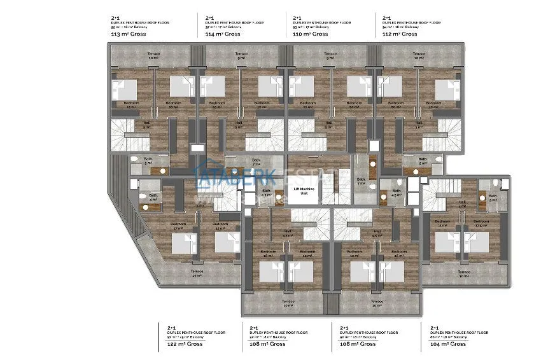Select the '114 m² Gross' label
click(223, 34)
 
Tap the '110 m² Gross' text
click(311, 34)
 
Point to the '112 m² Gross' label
click(400, 34)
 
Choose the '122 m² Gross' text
click(185, 344)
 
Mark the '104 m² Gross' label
click(448, 344)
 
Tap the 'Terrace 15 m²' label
click(196, 273)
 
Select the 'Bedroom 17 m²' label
click(178, 226)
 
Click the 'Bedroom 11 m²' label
click(442, 223)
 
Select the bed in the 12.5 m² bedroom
click(475, 244)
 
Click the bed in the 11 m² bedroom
click(444, 244)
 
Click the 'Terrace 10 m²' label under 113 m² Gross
click(153, 56)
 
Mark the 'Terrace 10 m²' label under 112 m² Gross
click(418, 56)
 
